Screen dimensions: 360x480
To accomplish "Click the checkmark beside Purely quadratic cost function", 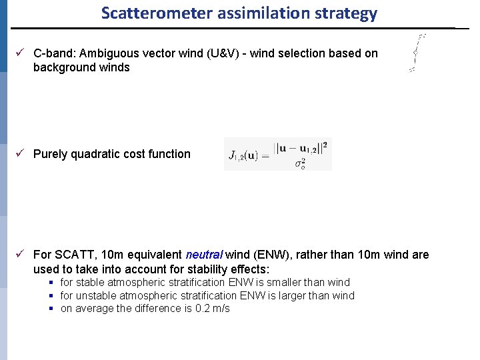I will point(21,154).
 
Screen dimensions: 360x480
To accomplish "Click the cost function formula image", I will point(278,154).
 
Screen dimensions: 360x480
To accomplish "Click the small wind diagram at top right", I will point(417,53).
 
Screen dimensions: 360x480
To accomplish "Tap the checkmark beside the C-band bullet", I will point(21,53).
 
